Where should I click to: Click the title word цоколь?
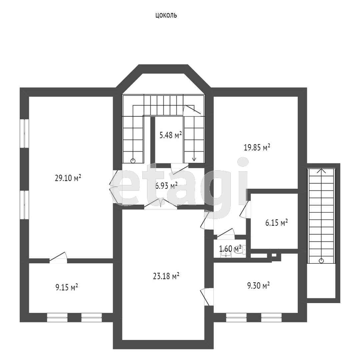[x=166, y=15]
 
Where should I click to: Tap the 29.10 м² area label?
[x=68, y=178]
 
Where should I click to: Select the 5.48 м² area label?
[x=171, y=135]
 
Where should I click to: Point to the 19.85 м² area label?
[x=257, y=147]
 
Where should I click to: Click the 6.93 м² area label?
[x=166, y=186]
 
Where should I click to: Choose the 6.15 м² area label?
[x=276, y=222]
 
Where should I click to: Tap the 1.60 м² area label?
[x=230, y=248]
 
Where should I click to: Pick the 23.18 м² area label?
[x=166, y=276]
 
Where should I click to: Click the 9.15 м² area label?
[x=67, y=287]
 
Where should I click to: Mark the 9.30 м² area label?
[x=258, y=286]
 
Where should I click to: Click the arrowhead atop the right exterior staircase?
[x=321, y=171]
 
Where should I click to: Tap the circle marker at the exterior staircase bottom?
[x=321, y=261]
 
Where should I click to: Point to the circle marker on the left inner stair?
[x=133, y=161]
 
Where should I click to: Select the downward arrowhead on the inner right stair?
[x=194, y=159]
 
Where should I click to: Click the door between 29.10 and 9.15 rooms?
[x=58, y=257]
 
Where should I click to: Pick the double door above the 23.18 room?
[x=160, y=204]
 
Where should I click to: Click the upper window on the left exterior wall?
[x=24, y=133]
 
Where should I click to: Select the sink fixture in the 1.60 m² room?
[x=226, y=254]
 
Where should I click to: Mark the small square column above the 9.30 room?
[x=274, y=255]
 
